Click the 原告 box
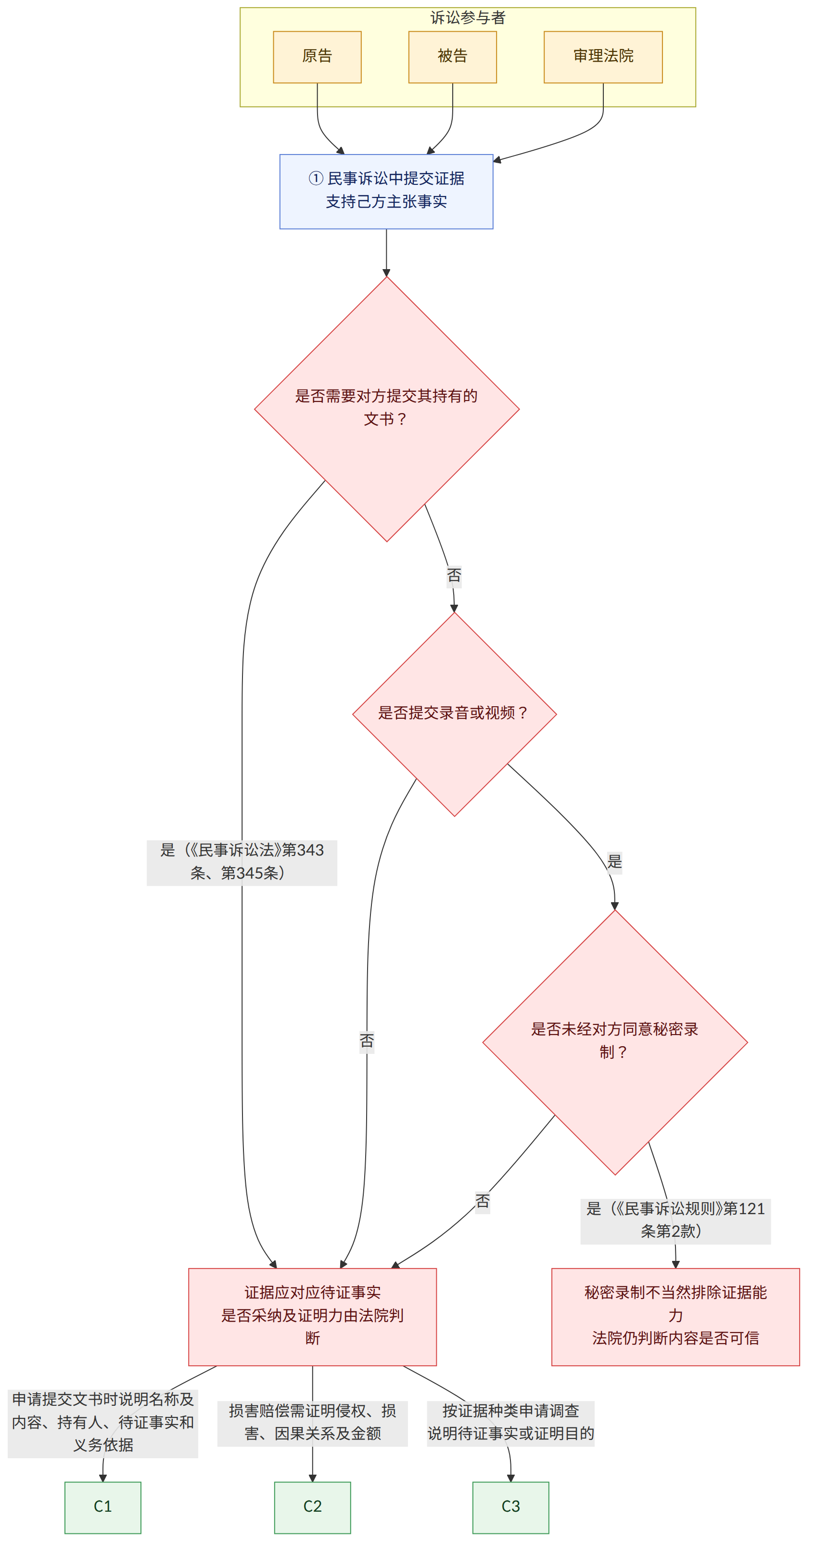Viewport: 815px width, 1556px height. click(317, 57)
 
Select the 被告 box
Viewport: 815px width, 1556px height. click(452, 57)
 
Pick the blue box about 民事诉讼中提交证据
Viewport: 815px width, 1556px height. click(386, 192)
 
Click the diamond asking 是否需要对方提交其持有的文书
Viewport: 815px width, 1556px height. click(387, 409)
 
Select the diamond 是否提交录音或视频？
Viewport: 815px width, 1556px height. click(455, 714)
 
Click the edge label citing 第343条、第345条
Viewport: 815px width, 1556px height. click(242, 862)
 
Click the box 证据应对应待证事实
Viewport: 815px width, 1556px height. click(312, 1317)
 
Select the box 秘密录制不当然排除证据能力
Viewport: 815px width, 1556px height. click(675, 1317)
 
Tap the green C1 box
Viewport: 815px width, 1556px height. click(102, 1507)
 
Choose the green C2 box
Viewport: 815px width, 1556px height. click(312, 1507)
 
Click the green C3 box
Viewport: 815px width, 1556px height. click(511, 1507)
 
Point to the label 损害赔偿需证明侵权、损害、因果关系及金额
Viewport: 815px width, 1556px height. click(312, 1423)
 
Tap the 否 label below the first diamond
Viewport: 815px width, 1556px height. click(454, 575)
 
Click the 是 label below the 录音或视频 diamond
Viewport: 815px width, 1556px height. click(614, 861)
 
